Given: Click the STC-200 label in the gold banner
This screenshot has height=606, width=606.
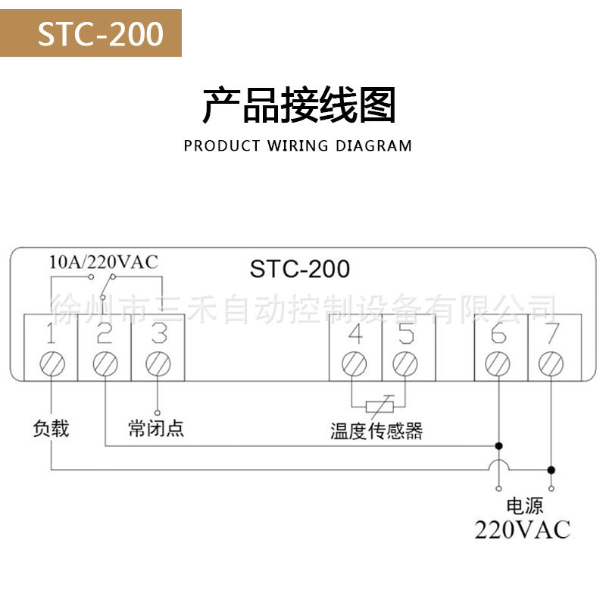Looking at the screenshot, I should click(x=101, y=33).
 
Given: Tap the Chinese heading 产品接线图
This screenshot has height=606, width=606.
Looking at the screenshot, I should click(x=299, y=105).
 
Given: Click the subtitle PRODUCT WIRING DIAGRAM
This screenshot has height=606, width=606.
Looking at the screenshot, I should click(x=298, y=145).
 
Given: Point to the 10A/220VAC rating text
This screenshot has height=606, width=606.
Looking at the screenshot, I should click(x=103, y=262).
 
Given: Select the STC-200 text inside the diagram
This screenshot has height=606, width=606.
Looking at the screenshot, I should click(x=300, y=268).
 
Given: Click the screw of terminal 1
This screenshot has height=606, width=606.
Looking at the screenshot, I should click(x=52, y=363).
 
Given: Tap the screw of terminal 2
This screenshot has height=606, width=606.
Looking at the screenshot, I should click(x=105, y=363).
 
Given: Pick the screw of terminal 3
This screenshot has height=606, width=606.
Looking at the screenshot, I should click(x=158, y=363).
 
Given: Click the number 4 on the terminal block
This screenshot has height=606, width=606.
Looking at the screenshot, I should click(x=355, y=333).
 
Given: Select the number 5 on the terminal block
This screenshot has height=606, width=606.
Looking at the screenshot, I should click(x=407, y=333).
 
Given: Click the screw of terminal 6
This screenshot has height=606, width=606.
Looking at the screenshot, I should click(x=498, y=363).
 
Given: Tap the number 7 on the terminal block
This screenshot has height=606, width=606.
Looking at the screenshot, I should click(x=551, y=333).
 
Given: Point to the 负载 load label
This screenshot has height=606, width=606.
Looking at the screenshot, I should click(x=51, y=429).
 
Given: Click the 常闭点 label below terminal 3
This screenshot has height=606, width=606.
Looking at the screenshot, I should click(x=156, y=429).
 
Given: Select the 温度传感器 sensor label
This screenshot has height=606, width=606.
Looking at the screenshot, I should click(x=376, y=431).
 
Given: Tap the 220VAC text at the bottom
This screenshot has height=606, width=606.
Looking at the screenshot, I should click(x=522, y=529).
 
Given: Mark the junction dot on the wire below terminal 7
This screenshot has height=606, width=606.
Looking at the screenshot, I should click(x=551, y=469).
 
